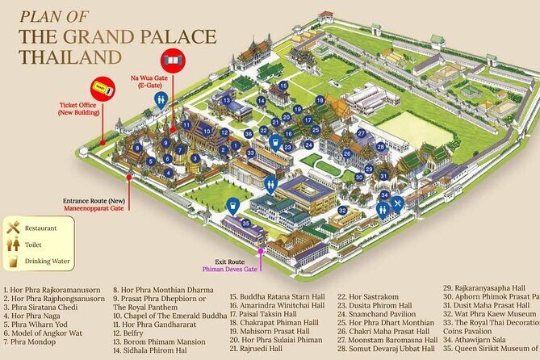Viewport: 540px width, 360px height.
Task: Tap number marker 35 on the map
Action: (245, 223)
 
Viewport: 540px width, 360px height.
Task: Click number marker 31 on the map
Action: (383, 175)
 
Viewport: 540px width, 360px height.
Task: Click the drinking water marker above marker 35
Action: (233, 205)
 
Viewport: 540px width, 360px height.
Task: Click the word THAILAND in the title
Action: (71, 57)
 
